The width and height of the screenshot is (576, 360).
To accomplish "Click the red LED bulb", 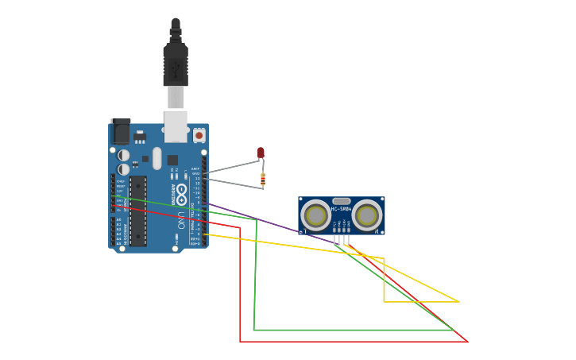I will pos(261,153).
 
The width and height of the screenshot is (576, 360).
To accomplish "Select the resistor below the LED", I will pos(263,180).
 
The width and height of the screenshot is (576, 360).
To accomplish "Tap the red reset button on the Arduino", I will pos(199,136).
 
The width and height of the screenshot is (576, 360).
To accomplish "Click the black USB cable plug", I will pos(176,64).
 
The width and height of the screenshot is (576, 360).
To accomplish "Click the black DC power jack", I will pos(120,131).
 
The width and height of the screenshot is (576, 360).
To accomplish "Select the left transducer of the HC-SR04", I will pos(316,215).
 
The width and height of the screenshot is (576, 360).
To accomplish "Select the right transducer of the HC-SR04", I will pos(366,215).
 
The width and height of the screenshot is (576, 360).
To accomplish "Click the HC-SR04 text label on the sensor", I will pos(341,209).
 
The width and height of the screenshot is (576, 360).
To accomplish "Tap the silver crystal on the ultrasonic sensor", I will pos(341,202).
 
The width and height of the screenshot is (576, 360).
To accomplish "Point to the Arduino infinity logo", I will pos(182,192).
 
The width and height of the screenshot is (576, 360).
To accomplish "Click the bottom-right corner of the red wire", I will pos(466,342).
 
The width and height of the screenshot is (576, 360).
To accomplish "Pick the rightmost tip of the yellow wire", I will pos(458,301).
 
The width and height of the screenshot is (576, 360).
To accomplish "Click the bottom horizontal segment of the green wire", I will pos(350,330).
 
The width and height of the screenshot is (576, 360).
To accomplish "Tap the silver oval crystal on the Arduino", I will pos(157,157).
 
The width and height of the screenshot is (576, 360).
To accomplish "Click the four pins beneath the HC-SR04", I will pos(341,239).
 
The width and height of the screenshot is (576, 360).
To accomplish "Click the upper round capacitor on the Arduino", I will pos(124,156).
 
